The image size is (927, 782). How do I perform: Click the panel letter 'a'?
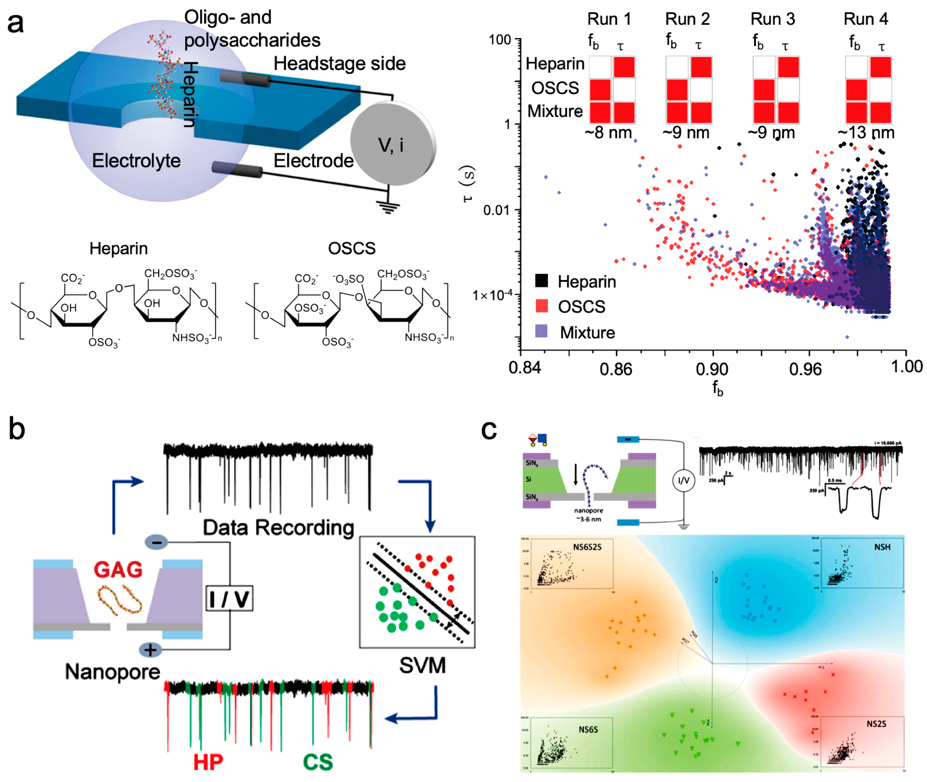(15, 23)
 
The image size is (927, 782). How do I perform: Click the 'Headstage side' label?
(339, 63)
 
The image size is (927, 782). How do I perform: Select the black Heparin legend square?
(541, 280)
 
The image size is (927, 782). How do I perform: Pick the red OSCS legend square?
(541, 305)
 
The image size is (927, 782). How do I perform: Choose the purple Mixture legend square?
(541, 331)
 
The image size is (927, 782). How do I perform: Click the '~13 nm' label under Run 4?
(865, 133)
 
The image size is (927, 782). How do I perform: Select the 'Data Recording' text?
(278, 528)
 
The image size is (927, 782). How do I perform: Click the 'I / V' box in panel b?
(229, 598)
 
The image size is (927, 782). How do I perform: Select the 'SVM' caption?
(422, 665)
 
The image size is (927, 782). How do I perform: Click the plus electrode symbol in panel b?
(150, 650)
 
